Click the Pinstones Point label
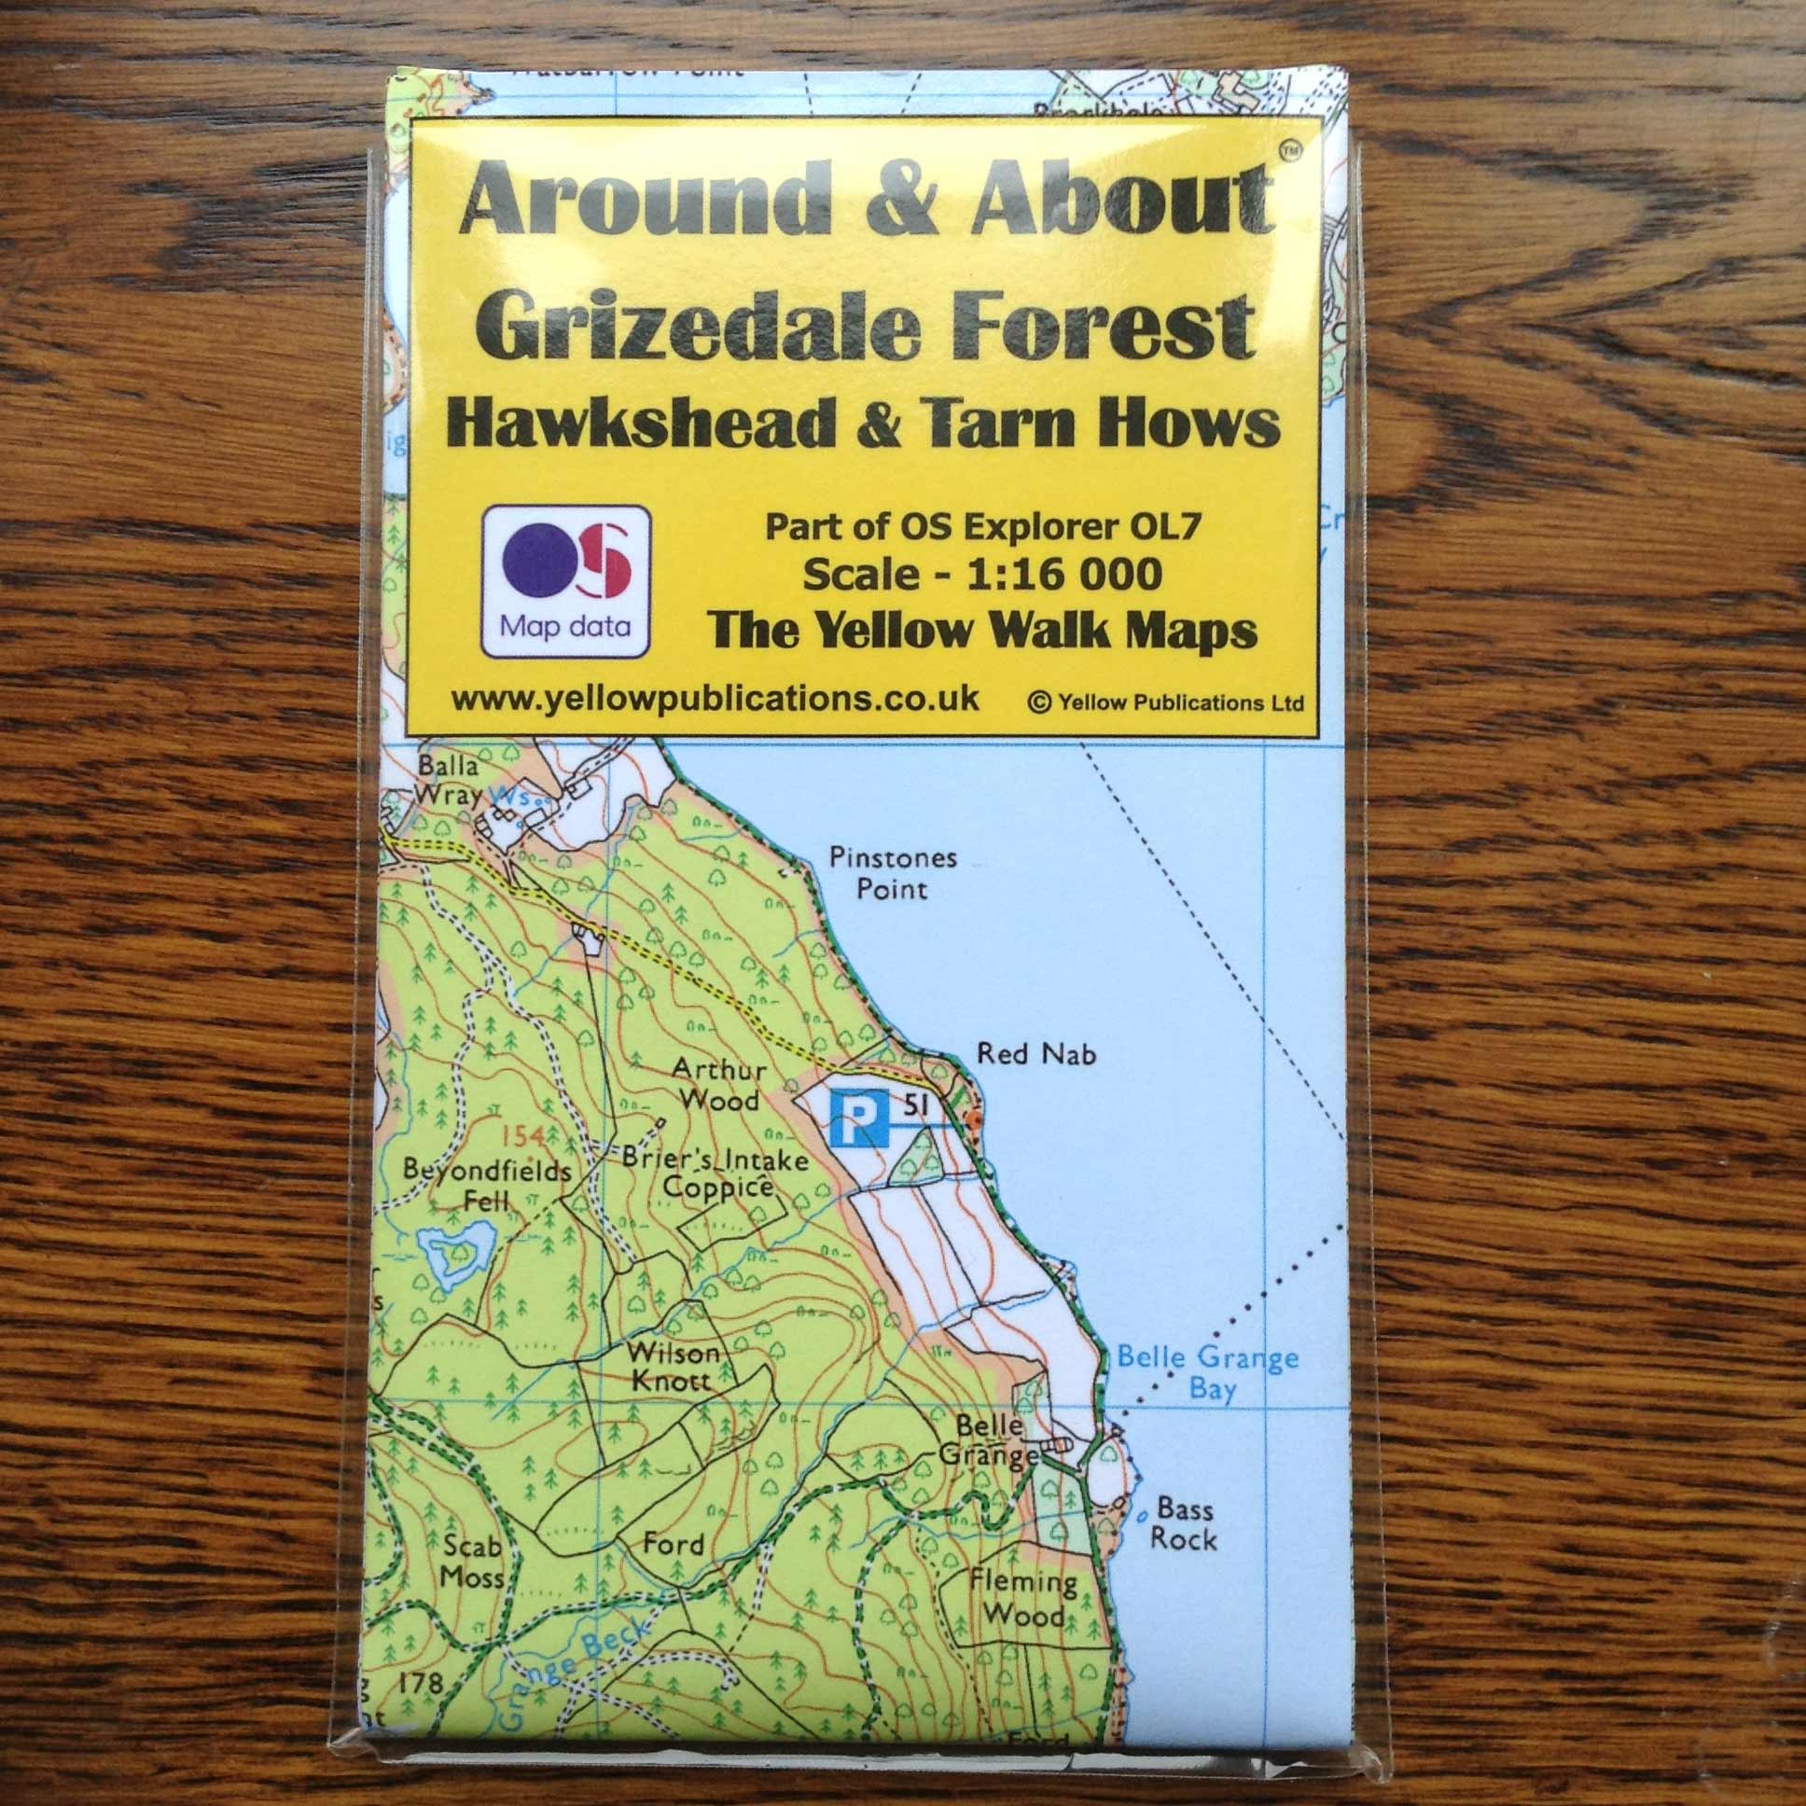pyautogui.click(x=893, y=872)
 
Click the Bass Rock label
pyautogui.click(x=1184, y=1524)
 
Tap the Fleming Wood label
pyautogui.click(x=1022, y=1599)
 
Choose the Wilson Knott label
pyautogui.click(x=672, y=1366)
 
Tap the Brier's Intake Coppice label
pyautogui.click(x=715, y=1174)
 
